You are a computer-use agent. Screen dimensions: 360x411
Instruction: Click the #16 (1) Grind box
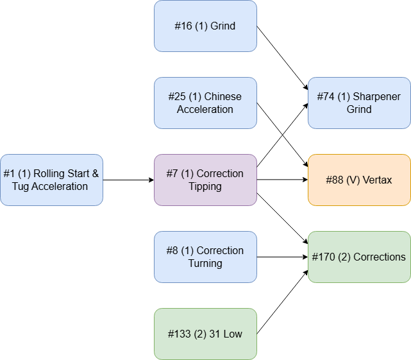coord(205,26)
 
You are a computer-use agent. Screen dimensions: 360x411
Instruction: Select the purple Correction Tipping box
coord(205,180)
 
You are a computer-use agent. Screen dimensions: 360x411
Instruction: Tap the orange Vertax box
coord(359,180)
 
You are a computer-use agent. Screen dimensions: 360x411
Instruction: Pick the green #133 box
coord(205,334)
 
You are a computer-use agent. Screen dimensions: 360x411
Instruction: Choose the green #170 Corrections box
coord(359,257)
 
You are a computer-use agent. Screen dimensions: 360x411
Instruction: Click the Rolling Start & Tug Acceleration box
coord(51,180)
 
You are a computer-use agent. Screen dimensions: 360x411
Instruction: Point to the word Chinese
coord(223,97)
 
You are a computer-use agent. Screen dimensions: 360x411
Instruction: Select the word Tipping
coord(205,187)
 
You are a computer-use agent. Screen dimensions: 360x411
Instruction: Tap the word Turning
coord(205,264)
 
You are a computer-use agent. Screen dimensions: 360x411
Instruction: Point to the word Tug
coord(21,187)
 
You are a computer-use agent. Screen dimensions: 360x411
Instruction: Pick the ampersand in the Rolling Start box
coord(95,174)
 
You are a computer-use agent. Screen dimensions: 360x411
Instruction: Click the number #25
coord(176,97)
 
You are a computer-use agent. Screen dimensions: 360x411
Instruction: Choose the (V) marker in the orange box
coord(353,180)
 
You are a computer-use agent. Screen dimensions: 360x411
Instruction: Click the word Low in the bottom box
coord(233,334)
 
